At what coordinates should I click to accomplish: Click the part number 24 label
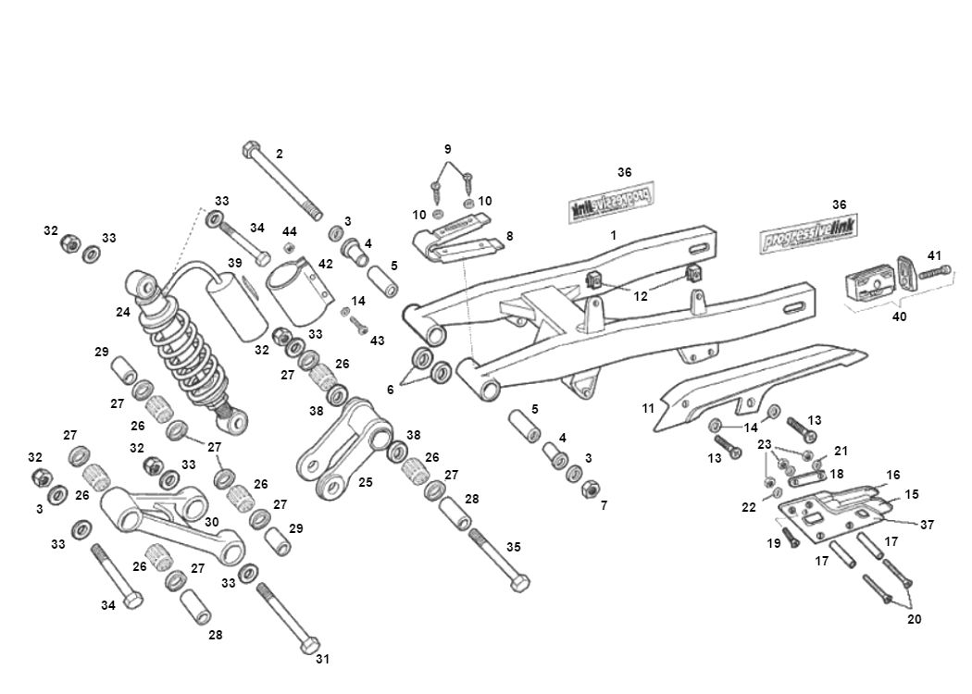(122, 312)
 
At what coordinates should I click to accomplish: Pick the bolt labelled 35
(499, 561)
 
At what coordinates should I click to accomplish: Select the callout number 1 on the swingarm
(613, 236)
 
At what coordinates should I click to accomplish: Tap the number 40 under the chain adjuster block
(899, 316)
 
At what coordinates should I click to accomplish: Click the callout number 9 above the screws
(447, 149)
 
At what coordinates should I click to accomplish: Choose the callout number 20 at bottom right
(914, 619)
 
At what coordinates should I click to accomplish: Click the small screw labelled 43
(359, 325)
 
